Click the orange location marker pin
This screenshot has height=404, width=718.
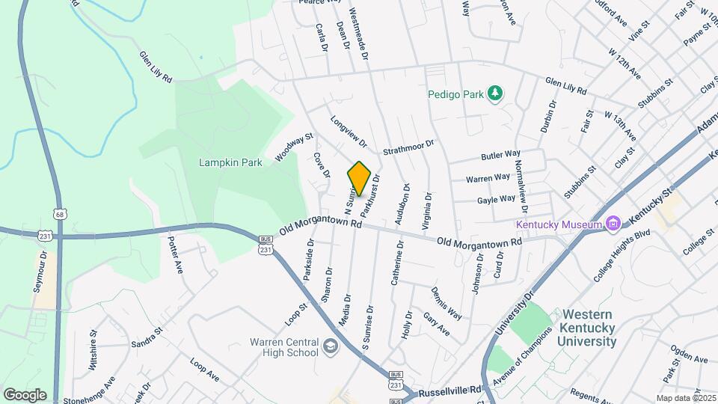point(359,179)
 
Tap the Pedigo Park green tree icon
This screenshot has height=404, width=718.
point(494,94)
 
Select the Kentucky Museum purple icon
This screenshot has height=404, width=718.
point(613,224)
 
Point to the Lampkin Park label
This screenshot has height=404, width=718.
point(230,162)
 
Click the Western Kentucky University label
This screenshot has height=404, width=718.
point(589,328)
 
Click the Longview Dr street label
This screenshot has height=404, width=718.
point(349,130)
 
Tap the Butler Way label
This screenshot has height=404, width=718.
point(500,156)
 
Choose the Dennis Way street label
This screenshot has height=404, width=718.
point(446,302)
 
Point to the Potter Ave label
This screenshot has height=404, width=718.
point(175,255)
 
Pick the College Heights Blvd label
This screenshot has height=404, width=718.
point(622,255)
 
